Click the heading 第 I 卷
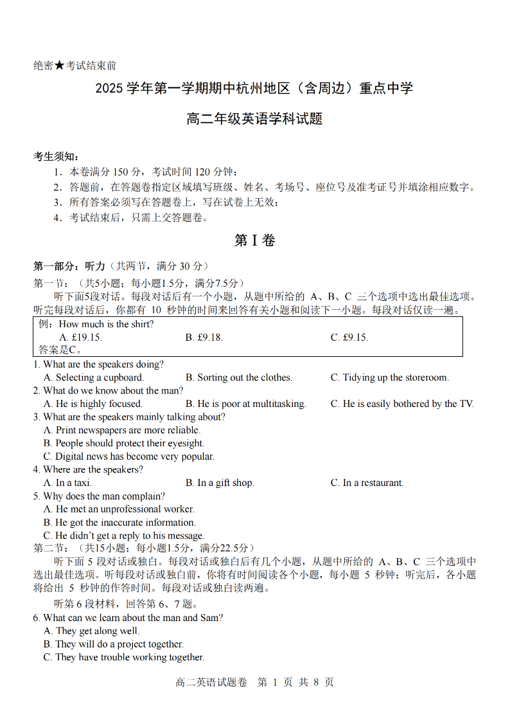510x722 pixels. pyautogui.click(x=254, y=240)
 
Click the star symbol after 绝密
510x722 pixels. pyautogui.click(x=59, y=66)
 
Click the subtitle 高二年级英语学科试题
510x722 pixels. pyautogui.click(x=254, y=119)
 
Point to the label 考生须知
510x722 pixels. pyautogui.click(x=57, y=157)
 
